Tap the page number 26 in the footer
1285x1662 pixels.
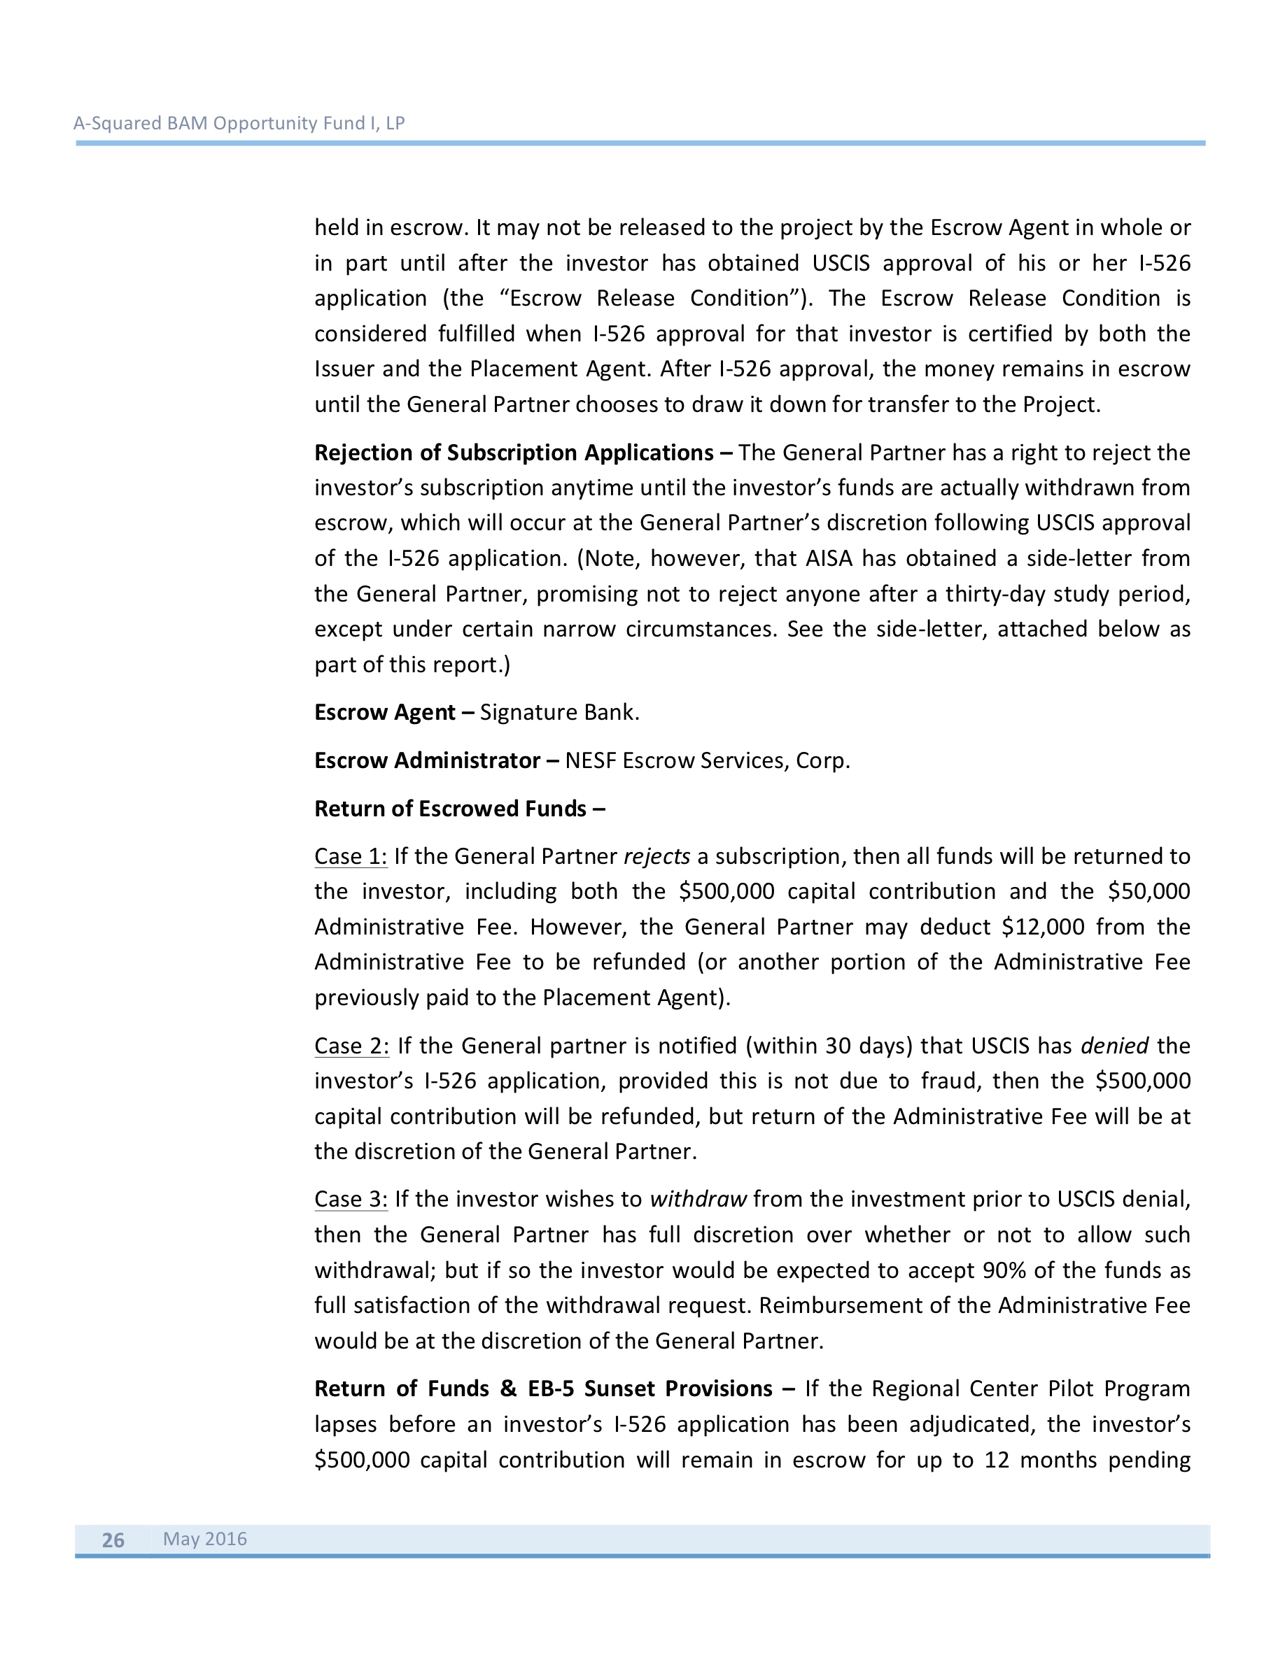[x=113, y=1540]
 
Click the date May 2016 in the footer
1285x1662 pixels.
[x=205, y=1538]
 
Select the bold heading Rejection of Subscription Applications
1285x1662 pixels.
[x=514, y=453]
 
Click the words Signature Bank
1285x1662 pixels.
[x=559, y=712]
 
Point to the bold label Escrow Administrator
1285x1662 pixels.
[x=427, y=760]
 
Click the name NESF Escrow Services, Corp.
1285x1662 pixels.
[x=707, y=760]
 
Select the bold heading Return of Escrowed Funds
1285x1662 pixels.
[x=451, y=808]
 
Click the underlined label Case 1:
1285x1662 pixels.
[x=351, y=856]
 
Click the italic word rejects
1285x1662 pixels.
[x=656, y=856]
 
